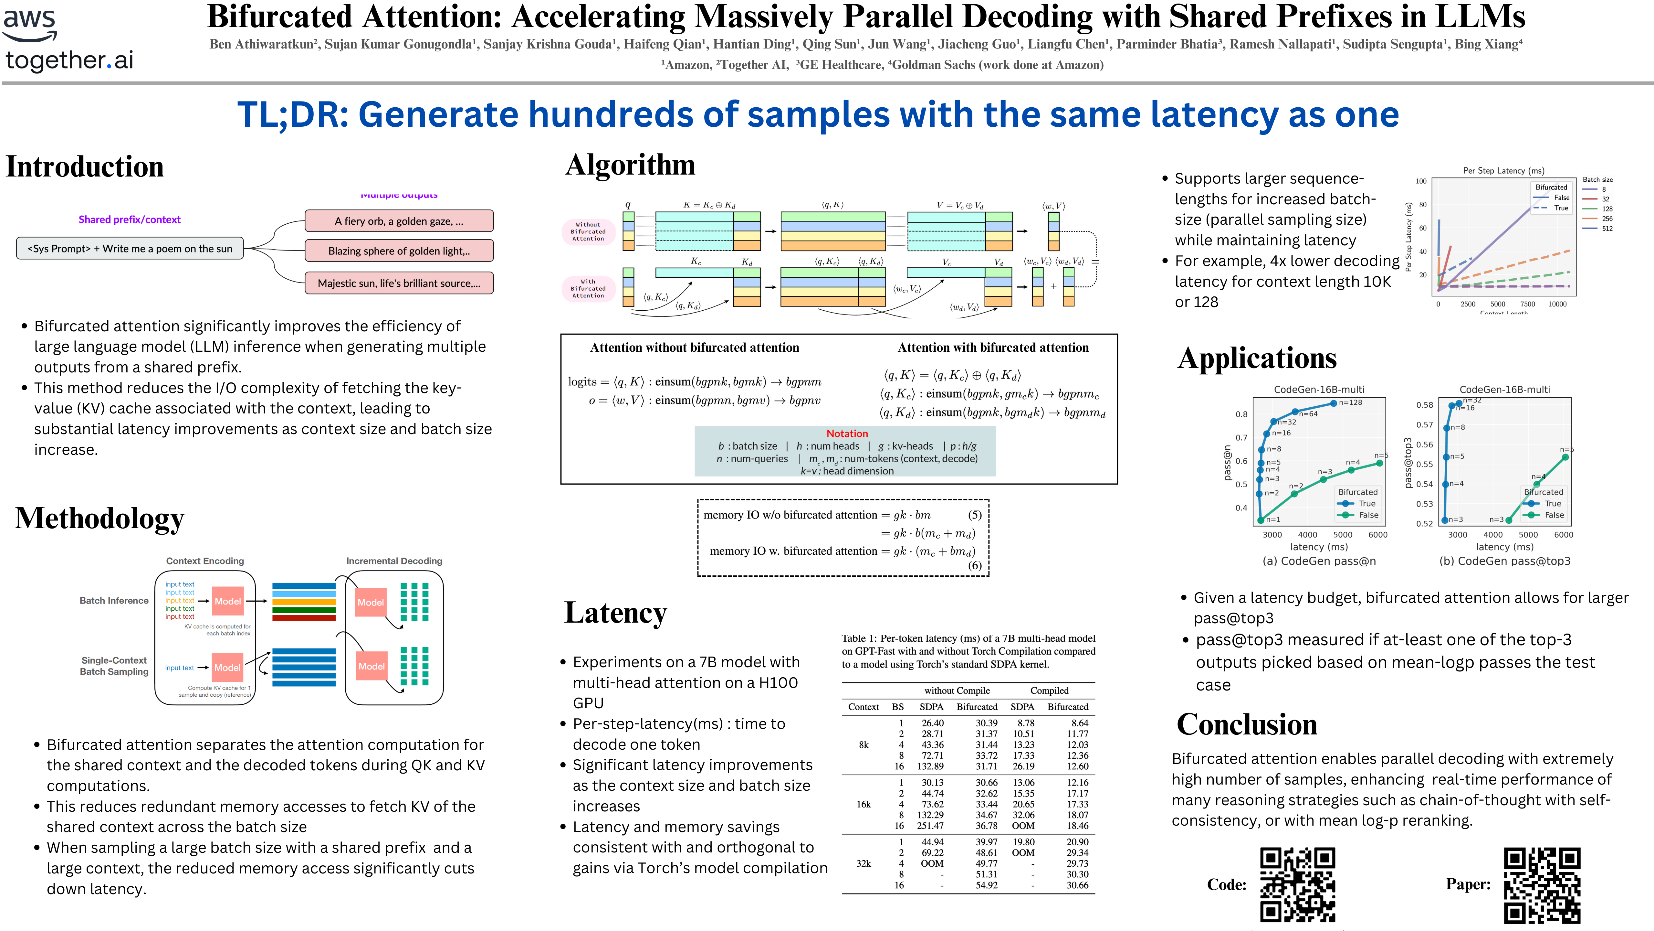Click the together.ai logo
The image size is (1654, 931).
[69, 60]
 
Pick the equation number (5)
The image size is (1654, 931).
[975, 515]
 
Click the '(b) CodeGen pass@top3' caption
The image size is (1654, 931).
[1504, 561]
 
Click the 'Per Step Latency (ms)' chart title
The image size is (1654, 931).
[1503, 170]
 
